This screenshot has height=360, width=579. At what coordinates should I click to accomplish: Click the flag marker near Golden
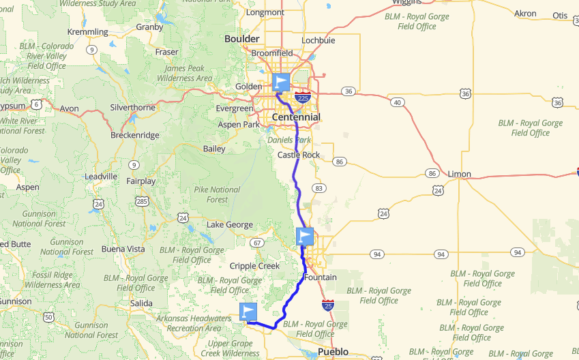tap(281, 82)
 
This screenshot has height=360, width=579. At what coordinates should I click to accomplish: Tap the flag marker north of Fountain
tap(306, 237)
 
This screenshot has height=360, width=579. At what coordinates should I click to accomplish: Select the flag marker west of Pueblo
tap(249, 312)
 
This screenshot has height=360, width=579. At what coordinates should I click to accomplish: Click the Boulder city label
tap(242, 39)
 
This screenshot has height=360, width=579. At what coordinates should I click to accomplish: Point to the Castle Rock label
tap(298, 155)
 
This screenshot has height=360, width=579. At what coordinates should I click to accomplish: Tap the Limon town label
tap(459, 174)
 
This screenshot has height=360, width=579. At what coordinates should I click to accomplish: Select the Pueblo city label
tap(333, 352)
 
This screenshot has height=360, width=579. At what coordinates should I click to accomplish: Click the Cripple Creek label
tap(254, 266)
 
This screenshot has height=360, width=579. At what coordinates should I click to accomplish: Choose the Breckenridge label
tap(134, 135)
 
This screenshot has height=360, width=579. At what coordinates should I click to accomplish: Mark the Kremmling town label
tap(88, 32)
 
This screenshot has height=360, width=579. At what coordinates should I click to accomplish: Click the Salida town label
tap(143, 302)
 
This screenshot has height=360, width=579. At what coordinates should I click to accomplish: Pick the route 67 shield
tap(256, 243)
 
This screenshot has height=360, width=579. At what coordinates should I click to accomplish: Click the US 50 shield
tap(48, 317)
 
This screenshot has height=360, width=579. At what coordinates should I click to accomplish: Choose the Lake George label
tap(230, 225)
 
